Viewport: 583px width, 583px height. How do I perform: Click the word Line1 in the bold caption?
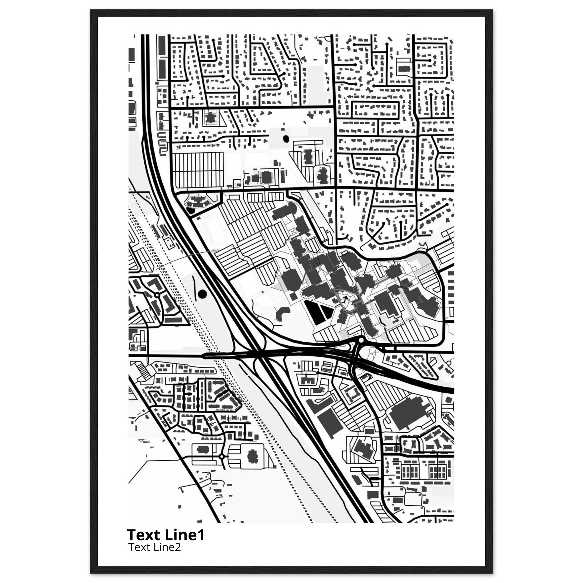pos(185,535)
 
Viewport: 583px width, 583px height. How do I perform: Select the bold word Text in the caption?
pos(145,535)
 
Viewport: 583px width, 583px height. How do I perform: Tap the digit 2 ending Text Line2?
pos(178,547)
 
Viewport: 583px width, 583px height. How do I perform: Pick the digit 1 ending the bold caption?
pos(201,535)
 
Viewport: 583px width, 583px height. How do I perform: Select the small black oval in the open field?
pos(286,139)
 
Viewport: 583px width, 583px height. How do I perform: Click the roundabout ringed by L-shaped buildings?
pos(157,295)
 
